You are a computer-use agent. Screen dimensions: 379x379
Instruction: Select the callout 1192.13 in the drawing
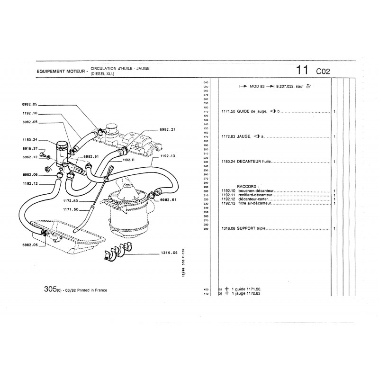[x=168, y=155]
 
